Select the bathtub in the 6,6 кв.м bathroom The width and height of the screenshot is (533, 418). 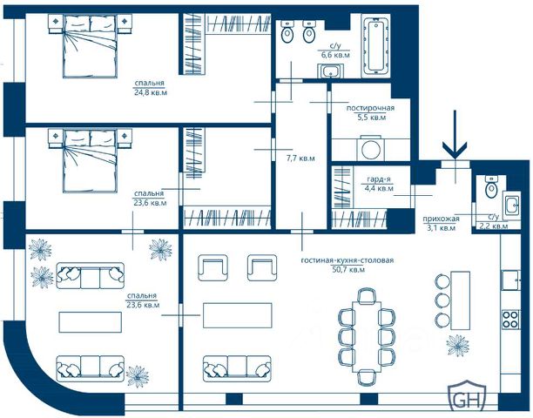(376, 46)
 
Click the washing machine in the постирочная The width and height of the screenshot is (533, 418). (370, 149)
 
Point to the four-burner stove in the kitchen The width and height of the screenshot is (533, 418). (510, 320)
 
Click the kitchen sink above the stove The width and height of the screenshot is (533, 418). (511, 280)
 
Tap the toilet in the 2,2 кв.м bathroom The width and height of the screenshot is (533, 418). (491, 186)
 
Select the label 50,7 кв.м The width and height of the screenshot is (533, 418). (347, 270)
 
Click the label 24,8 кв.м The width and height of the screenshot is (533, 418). (151, 92)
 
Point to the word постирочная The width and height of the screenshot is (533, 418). (370, 108)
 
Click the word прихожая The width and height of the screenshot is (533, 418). (441, 219)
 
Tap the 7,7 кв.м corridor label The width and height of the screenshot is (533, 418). (300, 158)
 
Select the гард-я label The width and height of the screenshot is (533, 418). (378, 179)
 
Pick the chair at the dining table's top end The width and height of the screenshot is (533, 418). (367, 294)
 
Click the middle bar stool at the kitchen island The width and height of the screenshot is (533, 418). (442, 300)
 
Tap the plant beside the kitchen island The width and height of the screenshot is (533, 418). (457, 345)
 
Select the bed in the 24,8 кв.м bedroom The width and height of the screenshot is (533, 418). (91, 46)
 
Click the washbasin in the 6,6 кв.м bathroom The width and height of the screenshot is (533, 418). (330, 71)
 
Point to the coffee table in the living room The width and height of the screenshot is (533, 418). (237, 315)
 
